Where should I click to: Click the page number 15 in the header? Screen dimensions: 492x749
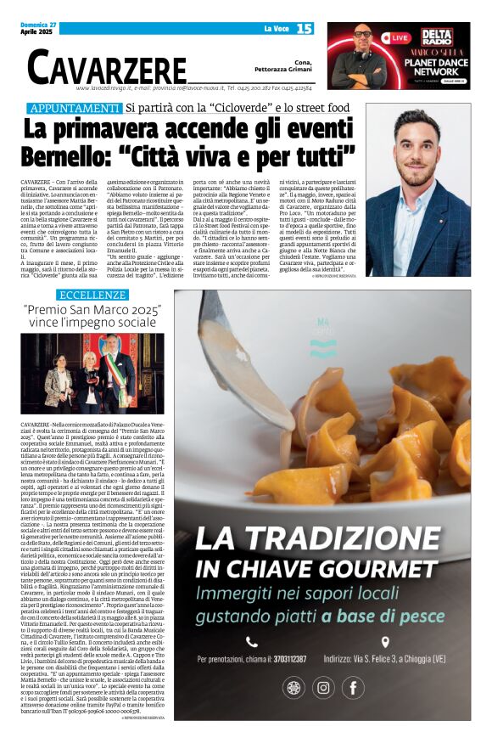coord(305,29)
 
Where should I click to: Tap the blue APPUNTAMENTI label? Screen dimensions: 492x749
coord(75,108)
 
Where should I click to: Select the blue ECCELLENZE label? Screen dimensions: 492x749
coord(93,295)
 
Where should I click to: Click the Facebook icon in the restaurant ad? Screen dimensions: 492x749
coord(353,688)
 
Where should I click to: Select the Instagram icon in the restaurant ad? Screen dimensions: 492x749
coord(323,688)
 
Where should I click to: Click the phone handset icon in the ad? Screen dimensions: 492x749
coord(252,642)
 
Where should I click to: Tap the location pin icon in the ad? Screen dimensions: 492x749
coord(385,642)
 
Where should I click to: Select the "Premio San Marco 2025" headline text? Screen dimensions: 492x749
coord(92,316)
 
